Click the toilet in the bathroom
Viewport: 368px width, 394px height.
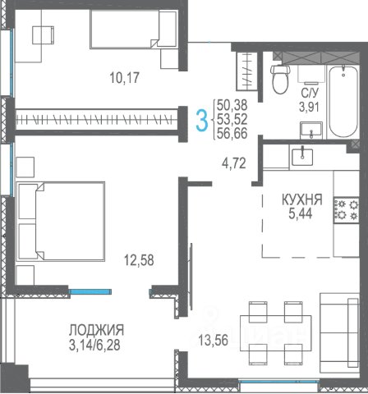point(280,79)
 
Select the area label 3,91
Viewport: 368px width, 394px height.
point(309,107)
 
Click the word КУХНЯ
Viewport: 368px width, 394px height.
point(302,199)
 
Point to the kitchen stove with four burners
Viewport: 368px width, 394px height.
point(346,209)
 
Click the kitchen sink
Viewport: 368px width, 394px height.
point(302,157)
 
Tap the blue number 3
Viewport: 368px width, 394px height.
point(202,121)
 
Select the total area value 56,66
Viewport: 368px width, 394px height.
point(232,133)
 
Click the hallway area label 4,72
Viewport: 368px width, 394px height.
point(234,163)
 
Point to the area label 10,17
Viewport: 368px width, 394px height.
point(125,77)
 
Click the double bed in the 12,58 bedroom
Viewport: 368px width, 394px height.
point(61,221)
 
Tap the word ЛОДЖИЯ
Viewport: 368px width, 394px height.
point(96,330)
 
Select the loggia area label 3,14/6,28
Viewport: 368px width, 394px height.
point(94,346)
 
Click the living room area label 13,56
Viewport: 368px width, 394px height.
point(214,341)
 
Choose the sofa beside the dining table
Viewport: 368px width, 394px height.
point(339,333)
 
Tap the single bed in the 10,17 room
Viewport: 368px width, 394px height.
point(134,30)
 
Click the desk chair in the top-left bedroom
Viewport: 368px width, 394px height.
point(43,34)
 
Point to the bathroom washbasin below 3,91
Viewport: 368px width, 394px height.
point(311,131)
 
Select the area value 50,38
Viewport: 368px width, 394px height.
point(232,105)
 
